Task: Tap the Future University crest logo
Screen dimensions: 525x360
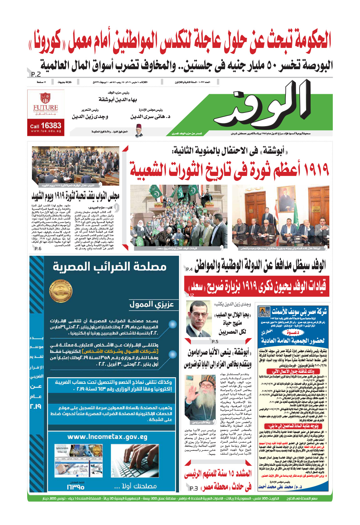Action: (45, 98)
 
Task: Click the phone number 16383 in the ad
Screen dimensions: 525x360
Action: (51, 126)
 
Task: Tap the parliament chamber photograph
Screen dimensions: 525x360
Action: (75, 165)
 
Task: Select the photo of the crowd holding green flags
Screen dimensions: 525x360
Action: (179, 216)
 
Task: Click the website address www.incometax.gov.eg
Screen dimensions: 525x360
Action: (107, 437)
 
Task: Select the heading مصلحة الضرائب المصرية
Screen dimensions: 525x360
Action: (110, 267)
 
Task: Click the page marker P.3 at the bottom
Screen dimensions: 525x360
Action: (194, 488)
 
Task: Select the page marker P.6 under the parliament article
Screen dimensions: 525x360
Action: (38, 249)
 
